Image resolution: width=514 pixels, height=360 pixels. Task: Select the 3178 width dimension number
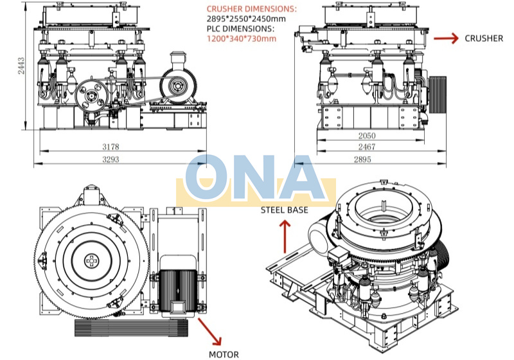(111, 147)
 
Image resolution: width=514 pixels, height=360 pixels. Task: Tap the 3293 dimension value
(111, 159)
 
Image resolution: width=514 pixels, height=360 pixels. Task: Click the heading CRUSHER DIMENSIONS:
(251, 9)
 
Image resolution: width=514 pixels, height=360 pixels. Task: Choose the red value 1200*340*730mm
(241, 39)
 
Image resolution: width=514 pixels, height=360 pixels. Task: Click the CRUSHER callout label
(484, 39)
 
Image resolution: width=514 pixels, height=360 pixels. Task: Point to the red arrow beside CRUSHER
(447, 39)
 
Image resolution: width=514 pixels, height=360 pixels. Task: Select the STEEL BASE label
(284, 210)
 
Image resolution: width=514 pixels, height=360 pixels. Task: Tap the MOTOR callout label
(224, 354)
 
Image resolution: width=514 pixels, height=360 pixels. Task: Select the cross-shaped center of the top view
(93, 262)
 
